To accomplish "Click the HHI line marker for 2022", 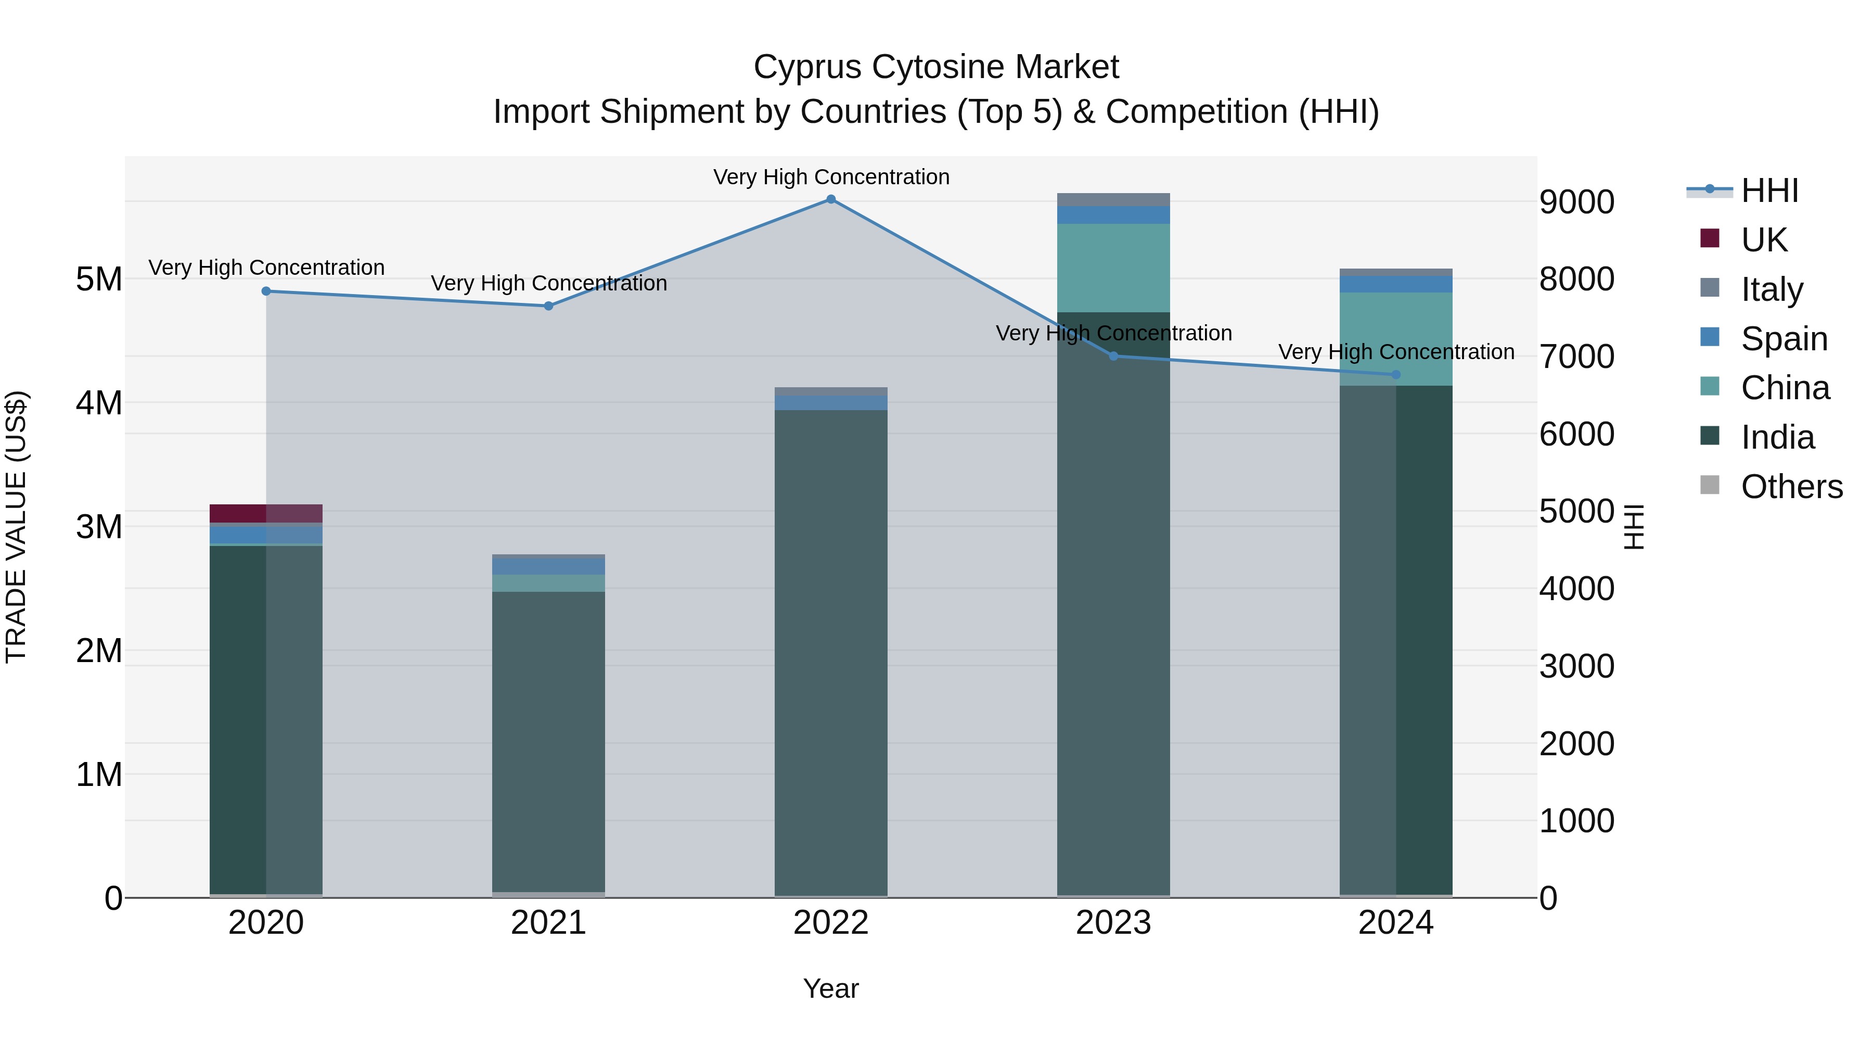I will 831,199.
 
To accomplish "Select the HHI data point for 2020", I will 266,291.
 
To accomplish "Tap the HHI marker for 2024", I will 1395,375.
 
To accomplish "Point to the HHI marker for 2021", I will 549,306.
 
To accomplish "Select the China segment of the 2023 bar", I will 1113,268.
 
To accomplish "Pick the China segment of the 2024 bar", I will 1395,338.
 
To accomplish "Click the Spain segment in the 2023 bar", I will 1113,214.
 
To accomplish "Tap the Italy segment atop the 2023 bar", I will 1113,199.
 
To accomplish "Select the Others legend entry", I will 1790,487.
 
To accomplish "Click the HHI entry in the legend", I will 1768,191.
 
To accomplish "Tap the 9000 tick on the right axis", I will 1576,202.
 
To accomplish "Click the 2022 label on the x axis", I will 831,923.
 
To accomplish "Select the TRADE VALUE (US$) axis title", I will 17,527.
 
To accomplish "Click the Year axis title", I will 831,988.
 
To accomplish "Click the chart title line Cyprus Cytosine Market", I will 936,67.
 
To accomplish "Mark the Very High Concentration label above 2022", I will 831,177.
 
